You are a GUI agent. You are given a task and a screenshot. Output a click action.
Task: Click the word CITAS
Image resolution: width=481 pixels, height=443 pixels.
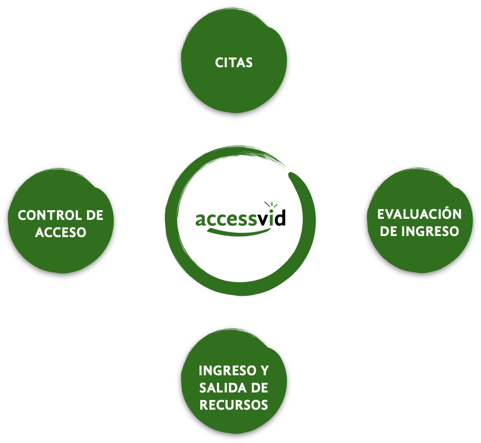click(x=234, y=62)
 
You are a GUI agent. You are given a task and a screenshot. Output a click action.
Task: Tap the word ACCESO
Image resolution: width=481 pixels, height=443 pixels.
click(x=60, y=233)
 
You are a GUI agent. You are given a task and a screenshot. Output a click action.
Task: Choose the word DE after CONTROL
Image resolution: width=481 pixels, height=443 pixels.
click(x=93, y=216)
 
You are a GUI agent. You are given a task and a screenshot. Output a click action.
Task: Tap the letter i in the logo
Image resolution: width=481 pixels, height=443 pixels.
click(x=272, y=217)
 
